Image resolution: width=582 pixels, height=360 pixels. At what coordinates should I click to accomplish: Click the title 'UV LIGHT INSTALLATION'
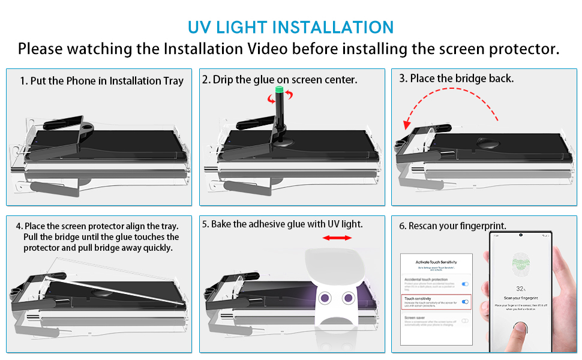[291, 27]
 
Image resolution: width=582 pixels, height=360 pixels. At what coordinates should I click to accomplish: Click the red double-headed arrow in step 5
[337, 238]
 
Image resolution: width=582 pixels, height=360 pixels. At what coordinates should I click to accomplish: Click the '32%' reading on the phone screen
[521, 289]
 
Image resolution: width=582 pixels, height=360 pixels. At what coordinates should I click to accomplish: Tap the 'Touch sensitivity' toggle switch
[465, 302]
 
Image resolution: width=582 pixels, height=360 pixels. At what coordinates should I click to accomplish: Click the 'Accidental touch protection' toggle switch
[465, 283]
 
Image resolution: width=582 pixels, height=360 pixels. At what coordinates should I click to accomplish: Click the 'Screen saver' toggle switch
[465, 321]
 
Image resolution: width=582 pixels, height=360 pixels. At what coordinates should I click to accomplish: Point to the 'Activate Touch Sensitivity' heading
[436, 263]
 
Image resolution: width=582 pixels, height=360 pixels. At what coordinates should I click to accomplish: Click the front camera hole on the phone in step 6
[521, 234]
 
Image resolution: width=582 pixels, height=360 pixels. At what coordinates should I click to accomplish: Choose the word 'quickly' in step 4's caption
[157, 248]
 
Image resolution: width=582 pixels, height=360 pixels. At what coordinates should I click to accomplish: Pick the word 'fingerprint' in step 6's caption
[481, 226]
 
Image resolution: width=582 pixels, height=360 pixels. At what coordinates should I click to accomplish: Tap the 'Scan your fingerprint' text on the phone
[521, 298]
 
